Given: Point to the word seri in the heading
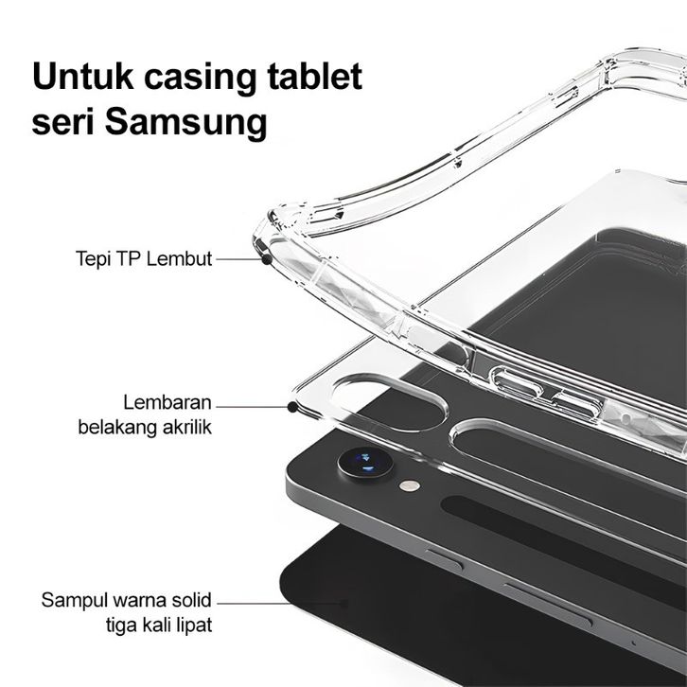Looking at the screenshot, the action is pos(62,123).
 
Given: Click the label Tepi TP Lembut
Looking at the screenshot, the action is pos(144,257).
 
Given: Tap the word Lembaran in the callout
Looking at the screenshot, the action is pos(167,402).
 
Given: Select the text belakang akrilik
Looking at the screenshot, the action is pos(145,427).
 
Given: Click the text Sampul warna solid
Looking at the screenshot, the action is pos(127,600).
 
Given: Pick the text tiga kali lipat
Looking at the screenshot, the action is pos(159,625).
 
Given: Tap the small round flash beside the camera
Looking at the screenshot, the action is pos(409,485).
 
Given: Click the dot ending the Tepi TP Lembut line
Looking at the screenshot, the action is pos(266,257).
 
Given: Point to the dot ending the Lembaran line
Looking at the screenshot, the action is pos(291,407).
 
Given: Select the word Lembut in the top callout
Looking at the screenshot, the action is pos(185,257).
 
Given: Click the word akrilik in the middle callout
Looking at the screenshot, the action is pos(185,427).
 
